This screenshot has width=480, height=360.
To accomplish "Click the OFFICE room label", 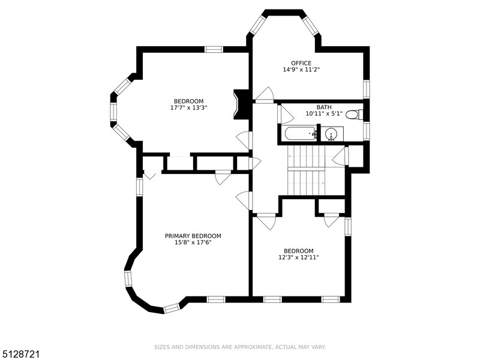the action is (x=301, y=63).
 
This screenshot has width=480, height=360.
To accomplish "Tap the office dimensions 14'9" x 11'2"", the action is (x=301, y=70).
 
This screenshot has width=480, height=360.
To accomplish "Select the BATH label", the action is (x=324, y=107).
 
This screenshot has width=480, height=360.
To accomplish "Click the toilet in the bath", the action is (x=354, y=115).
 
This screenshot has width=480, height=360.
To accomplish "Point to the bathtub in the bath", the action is (x=301, y=133).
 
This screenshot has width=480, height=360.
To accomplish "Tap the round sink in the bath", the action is (x=331, y=134).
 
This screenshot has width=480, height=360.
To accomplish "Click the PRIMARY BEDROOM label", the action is (x=193, y=236).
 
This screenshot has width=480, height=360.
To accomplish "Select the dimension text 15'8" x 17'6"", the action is (x=193, y=242).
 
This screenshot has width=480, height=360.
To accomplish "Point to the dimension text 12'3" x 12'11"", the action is (x=298, y=257).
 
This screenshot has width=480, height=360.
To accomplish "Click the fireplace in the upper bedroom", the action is (x=241, y=104).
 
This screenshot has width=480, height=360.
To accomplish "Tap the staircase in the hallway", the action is (x=306, y=170).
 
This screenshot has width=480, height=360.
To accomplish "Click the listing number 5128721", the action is (x=20, y=354).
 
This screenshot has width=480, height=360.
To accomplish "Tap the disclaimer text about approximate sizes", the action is (x=239, y=347).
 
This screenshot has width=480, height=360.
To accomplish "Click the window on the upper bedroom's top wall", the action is (x=214, y=49).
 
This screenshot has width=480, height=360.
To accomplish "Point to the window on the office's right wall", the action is (x=367, y=89).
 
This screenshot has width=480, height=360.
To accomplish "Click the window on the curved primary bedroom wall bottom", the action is (x=172, y=308).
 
